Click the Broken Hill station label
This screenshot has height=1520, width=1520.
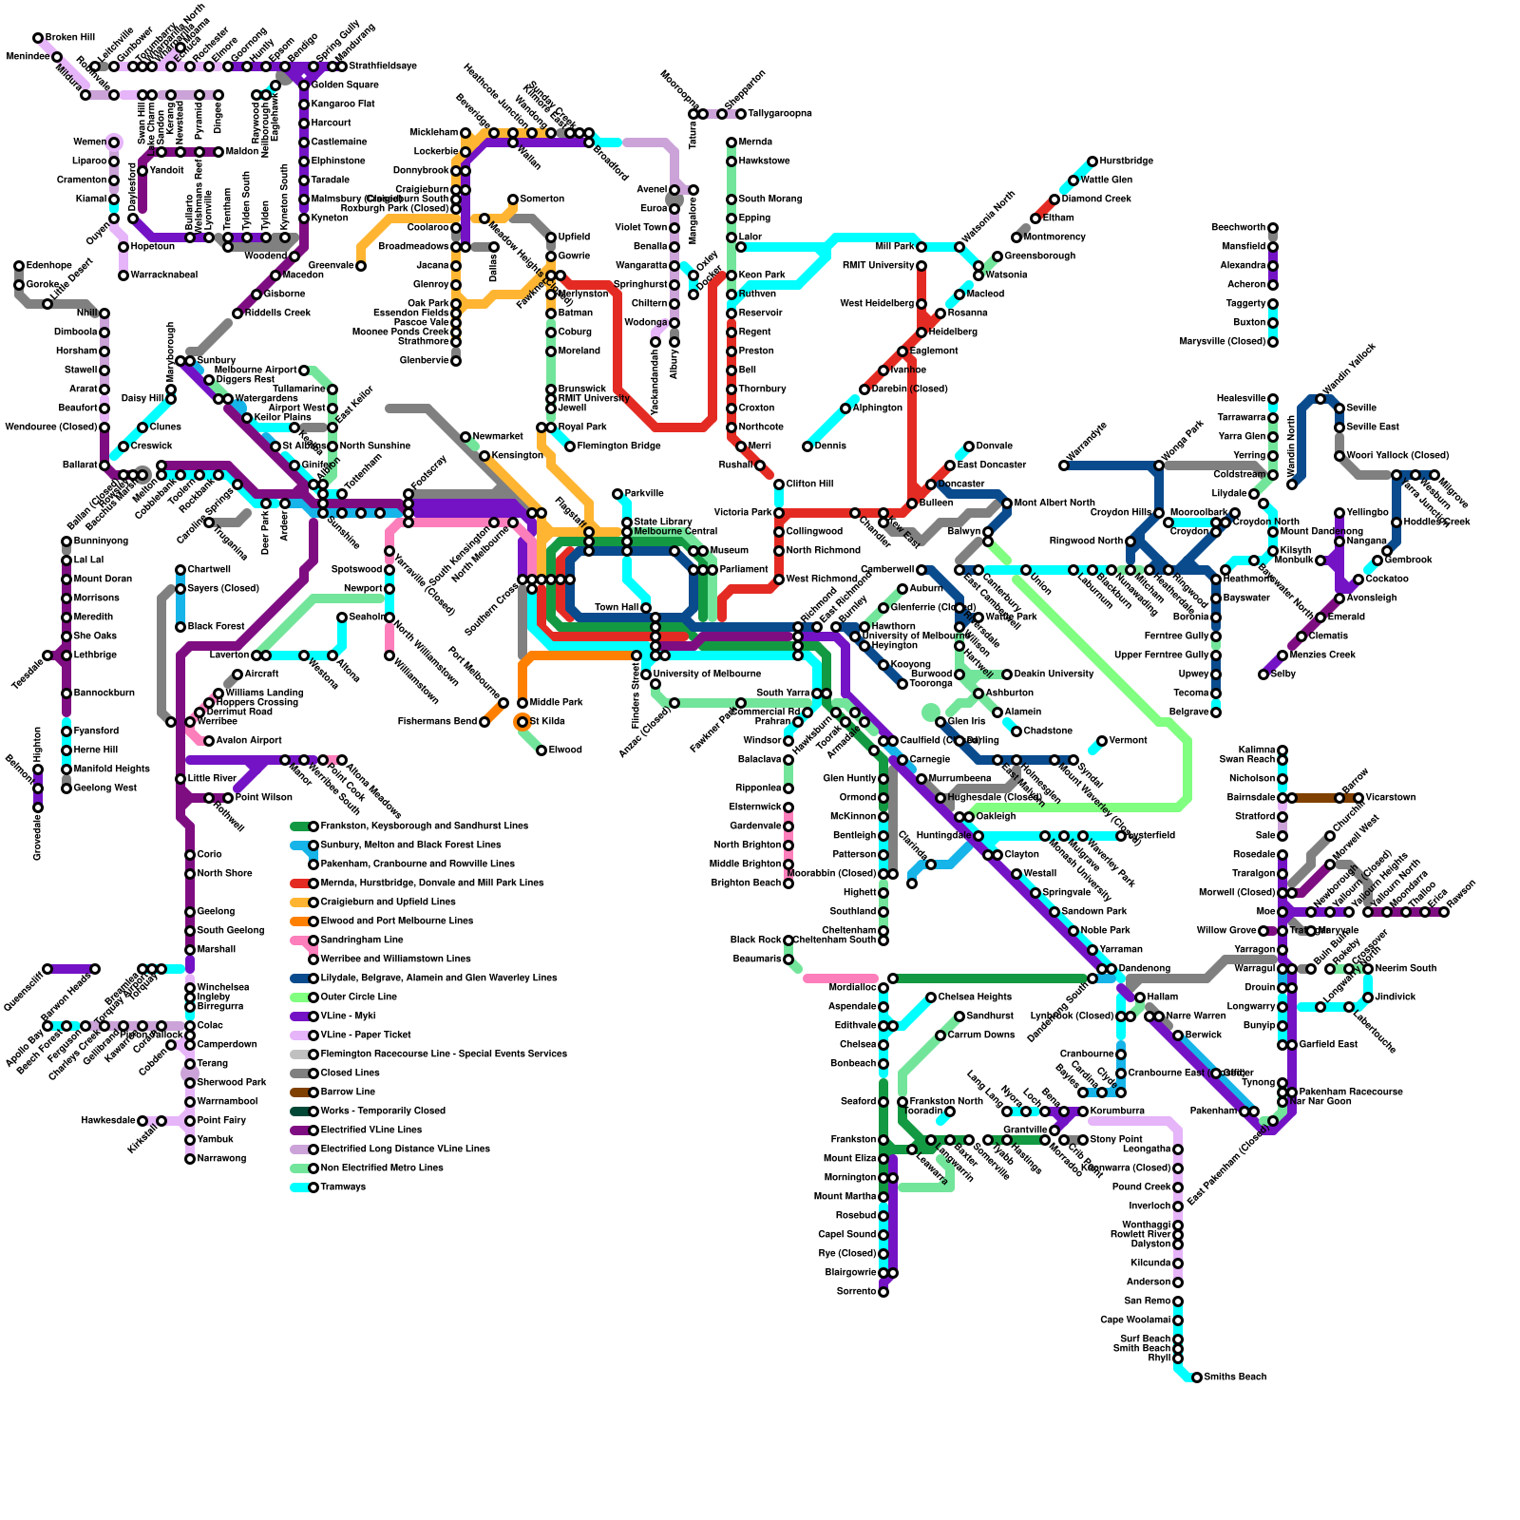pos(70,38)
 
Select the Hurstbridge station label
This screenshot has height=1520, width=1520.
pos(1127,161)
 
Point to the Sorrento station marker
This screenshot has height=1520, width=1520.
pos(883,1292)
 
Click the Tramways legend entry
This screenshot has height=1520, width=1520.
pos(343,1187)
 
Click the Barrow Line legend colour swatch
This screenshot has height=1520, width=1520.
pos(301,1092)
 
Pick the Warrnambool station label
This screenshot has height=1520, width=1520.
pos(227,1102)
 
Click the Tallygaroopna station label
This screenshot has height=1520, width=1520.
pos(780,114)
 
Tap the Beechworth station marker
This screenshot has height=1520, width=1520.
pos(1273,228)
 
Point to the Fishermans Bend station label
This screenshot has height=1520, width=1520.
pos(437,722)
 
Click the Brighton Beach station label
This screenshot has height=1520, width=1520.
pos(746,883)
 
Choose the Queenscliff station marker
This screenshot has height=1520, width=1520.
pos(47,969)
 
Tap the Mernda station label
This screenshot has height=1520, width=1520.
pos(755,142)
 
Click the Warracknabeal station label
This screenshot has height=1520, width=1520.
pos(164,275)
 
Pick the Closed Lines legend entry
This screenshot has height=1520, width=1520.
pos(348,1073)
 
